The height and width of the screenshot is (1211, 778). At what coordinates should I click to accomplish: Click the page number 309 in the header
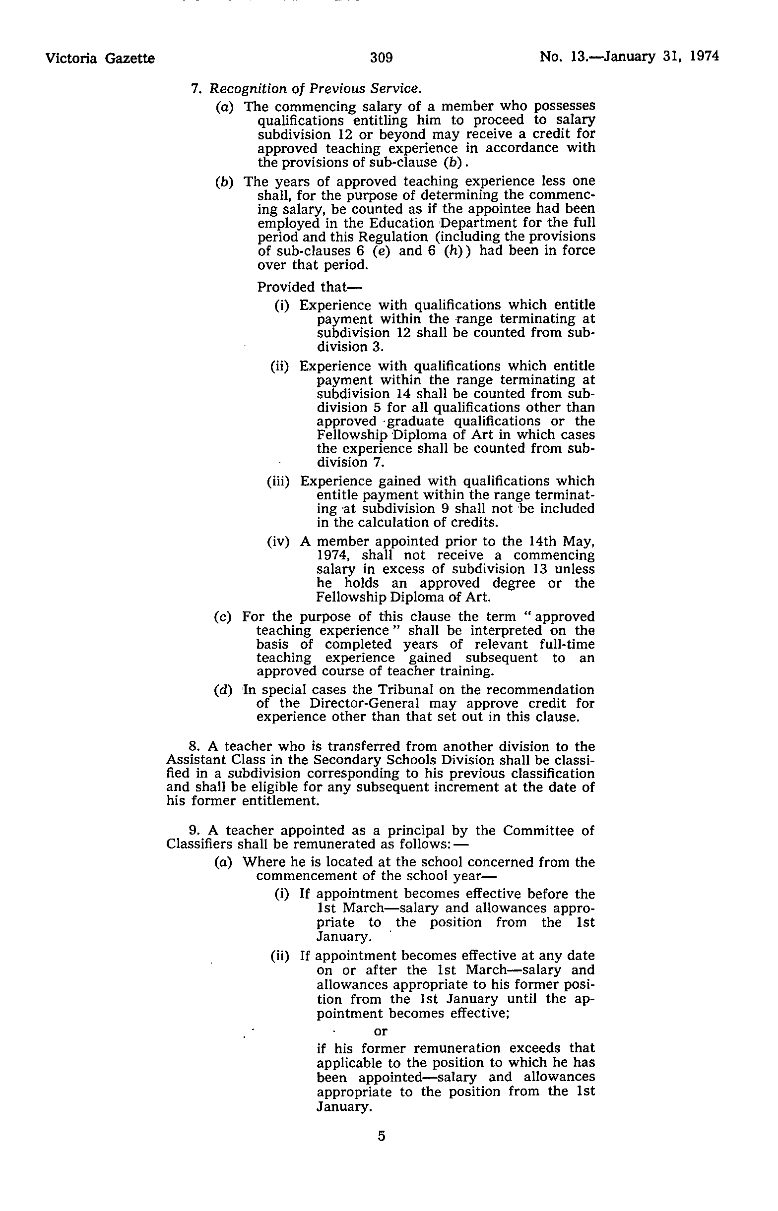[381, 58]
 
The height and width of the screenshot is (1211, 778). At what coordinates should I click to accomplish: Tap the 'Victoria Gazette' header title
[100, 59]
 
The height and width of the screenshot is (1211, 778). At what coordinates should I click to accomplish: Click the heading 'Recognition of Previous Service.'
[315, 89]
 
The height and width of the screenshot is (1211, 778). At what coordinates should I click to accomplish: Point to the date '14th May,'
[561, 541]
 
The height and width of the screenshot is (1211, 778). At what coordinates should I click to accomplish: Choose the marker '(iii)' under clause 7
[278, 481]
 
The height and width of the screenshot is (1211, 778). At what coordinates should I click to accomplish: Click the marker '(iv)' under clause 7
[278, 542]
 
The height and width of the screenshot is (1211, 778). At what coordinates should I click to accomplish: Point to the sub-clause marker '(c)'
[223, 617]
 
